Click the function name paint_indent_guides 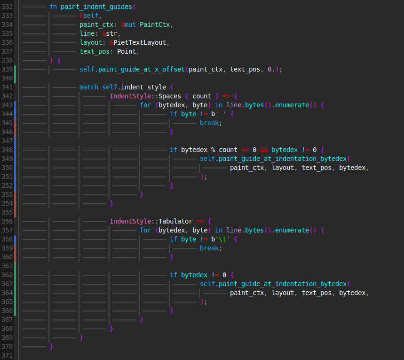click(96, 7)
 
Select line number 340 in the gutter click(7, 78)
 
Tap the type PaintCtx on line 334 click(155, 24)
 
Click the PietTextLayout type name click(140, 42)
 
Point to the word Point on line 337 click(126, 51)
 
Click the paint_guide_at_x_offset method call click(142, 69)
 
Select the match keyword click(88, 87)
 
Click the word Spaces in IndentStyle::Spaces click(169, 96)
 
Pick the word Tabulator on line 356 click(175, 221)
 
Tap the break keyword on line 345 click(209, 123)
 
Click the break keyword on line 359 click(209, 248)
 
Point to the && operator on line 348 click(264, 150)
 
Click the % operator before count click(213, 150)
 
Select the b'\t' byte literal click(220, 240)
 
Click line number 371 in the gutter click(7, 355)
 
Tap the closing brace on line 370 click(51, 346)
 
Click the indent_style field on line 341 click(143, 87)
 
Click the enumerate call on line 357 click(292, 230)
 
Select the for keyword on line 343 click(145, 105)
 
